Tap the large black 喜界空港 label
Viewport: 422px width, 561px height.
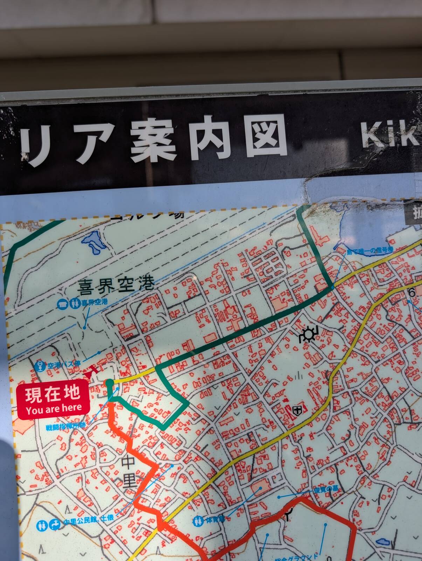tap(116, 285)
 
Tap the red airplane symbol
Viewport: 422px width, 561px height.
tap(92, 371)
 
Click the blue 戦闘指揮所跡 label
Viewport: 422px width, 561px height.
tap(65, 427)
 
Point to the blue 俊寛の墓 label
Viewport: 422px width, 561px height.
tap(325, 491)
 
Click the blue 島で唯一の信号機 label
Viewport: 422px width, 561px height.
tap(370, 251)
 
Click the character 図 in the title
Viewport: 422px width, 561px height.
tap(266, 136)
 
